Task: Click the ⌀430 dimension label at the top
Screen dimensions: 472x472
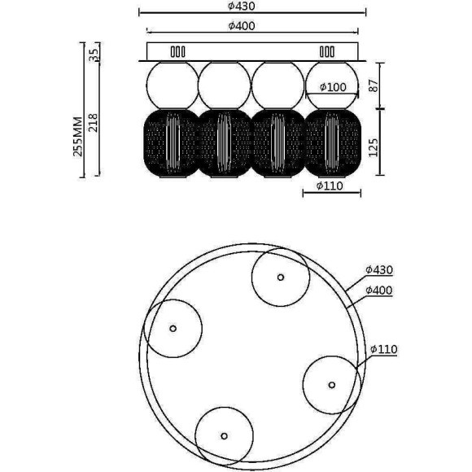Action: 242,6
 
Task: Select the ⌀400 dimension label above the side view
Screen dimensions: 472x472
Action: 242,26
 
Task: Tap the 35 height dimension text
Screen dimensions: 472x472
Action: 94,55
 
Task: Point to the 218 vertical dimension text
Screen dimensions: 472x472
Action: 94,123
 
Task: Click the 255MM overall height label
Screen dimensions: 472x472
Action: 77,137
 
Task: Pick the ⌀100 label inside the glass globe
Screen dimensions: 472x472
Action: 333,87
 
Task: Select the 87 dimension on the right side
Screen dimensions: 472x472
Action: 374,85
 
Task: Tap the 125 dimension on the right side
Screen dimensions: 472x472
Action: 374,147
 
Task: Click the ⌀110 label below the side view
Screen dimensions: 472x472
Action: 330,186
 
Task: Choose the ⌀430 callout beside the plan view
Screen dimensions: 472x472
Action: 379,269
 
